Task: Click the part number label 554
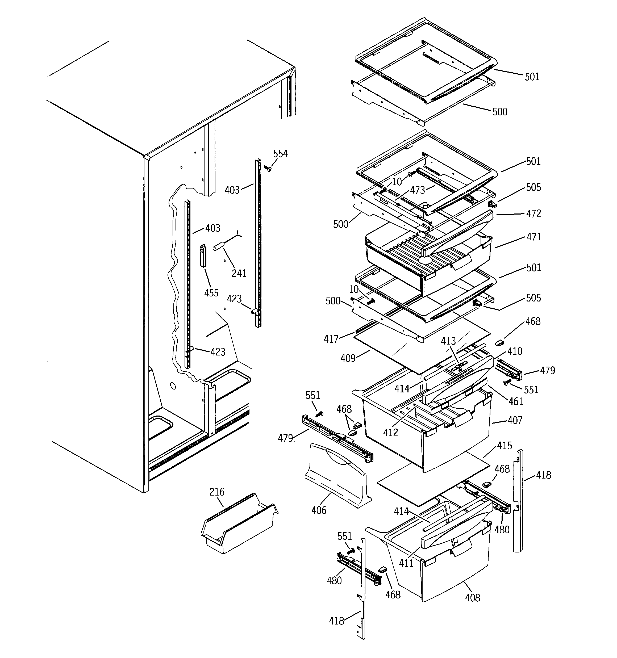tap(280, 154)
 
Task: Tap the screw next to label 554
tap(268, 169)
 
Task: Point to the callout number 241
tap(239, 273)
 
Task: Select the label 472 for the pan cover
tap(533, 213)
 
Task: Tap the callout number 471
tap(533, 237)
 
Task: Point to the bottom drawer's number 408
tap(472, 597)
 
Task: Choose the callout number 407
tap(515, 420)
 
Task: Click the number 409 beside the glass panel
tap(348, 358)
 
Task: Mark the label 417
tap(331, 339)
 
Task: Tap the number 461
tap(516, 401)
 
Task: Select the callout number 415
tap(505, 446)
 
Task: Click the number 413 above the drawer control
tap(448, 341)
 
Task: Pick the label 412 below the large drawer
tap(390, 433)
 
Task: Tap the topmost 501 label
tap(532, 77)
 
